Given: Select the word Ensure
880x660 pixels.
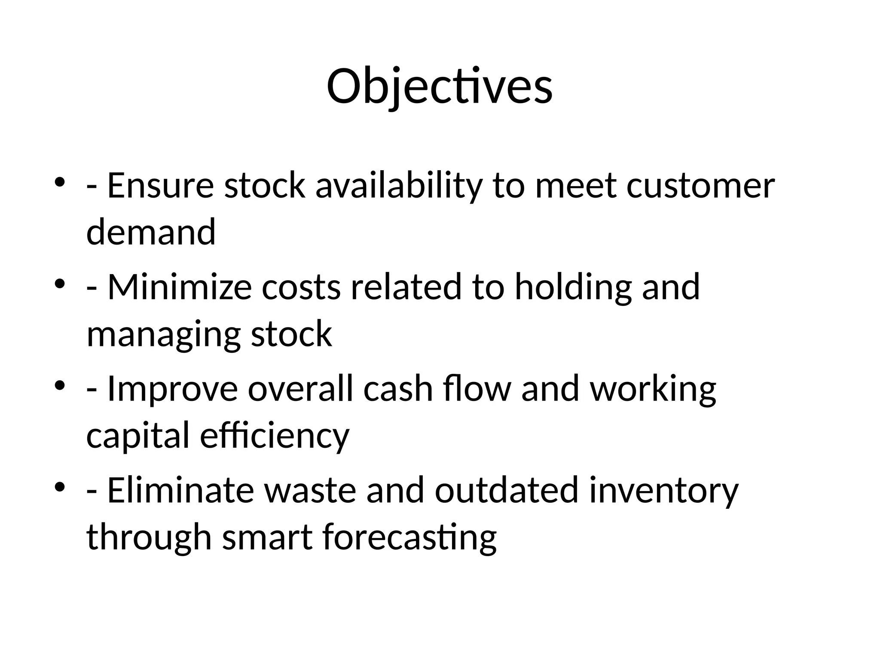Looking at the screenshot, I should click(160, 186).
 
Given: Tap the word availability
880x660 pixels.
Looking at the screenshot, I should click(399, 186).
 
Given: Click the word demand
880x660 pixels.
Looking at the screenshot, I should click(151, 232).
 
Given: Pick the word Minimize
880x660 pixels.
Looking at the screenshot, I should click(179, 287).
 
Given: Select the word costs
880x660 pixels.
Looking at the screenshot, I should click(301, 287).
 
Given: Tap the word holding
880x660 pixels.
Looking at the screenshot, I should click(573, 287).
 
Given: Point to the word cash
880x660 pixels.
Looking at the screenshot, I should click(398, 388).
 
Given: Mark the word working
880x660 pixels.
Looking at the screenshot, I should click(653, 388).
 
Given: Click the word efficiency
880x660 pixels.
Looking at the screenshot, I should click(275, 435).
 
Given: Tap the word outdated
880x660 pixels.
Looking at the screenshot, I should click(507, 490).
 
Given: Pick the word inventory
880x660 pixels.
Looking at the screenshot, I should click(664, 490).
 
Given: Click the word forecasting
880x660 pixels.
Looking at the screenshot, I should click(409, 537).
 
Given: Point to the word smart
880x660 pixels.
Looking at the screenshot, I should click(267, 537).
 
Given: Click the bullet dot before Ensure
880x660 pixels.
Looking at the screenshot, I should click(60, 182).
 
